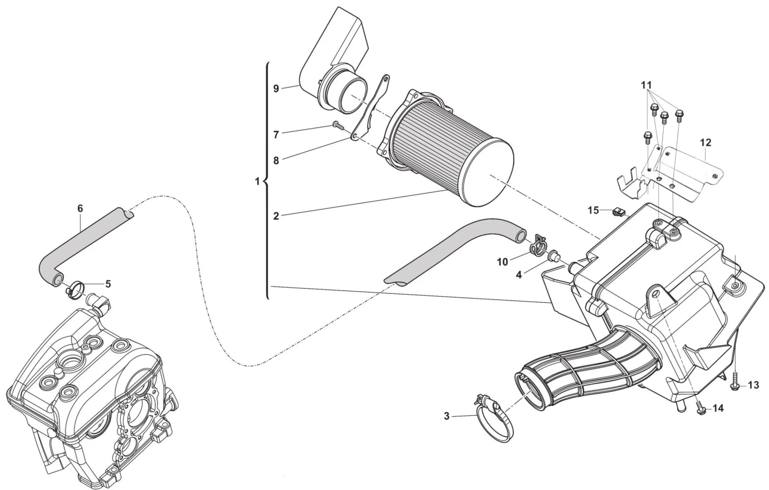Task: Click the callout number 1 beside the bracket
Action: click(258, 181)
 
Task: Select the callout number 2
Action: click(276, 216)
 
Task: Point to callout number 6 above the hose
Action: click(80, 208)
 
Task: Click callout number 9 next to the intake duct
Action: click(276, 88)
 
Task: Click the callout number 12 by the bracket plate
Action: click(706, 143)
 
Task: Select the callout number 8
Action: click(276, 161)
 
